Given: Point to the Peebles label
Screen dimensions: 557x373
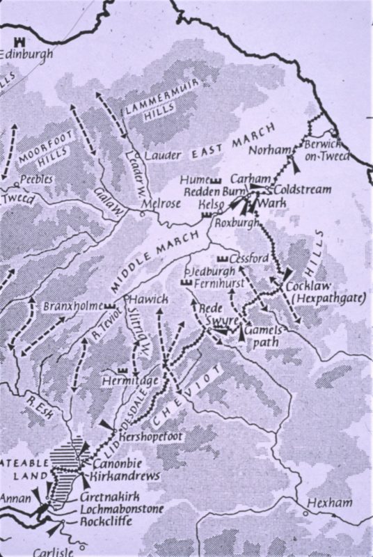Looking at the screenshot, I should click(34, 178).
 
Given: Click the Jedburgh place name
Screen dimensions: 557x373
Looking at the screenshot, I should click(209, 272).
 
